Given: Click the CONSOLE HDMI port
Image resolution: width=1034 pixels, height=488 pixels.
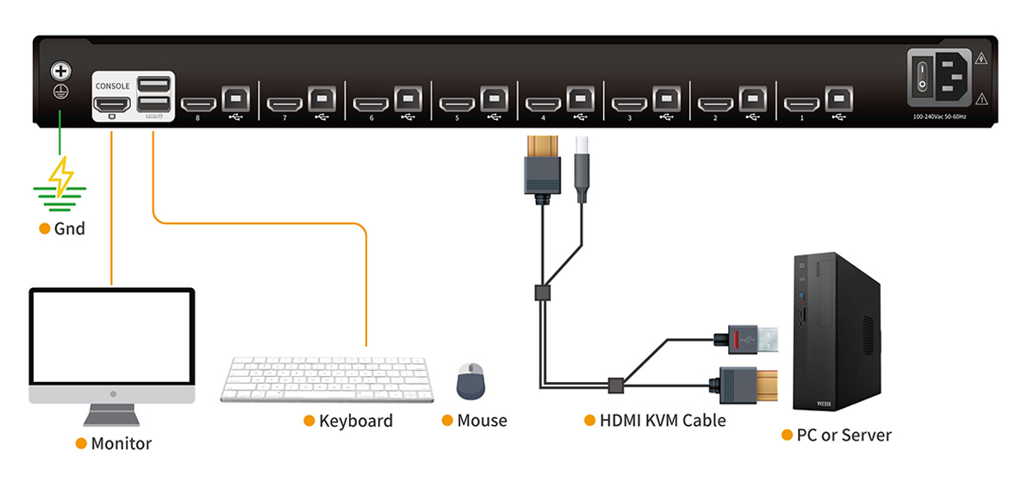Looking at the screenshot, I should click(112, 105).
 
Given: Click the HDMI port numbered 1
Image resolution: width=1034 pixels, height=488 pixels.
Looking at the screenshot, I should click(801, 105).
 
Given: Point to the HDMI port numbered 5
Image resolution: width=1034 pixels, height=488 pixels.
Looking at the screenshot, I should click(457, 105).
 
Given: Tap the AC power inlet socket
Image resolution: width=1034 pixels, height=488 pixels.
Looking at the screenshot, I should click(949, 76).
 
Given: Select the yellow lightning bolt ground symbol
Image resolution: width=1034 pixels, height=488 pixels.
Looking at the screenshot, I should click(60, 177).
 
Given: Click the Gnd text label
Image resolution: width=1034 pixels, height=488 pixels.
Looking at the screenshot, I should click(69, 229).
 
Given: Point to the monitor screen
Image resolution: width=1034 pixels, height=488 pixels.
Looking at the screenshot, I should click(112, 338).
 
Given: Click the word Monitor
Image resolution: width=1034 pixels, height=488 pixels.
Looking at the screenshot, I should click(121, 444).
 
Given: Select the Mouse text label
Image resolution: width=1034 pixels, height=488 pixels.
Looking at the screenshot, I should click(482, 421).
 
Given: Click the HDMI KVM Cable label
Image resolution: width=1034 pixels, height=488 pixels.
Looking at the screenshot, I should click(663, 421).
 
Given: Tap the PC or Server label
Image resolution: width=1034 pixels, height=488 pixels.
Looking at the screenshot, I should click(843, 435).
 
